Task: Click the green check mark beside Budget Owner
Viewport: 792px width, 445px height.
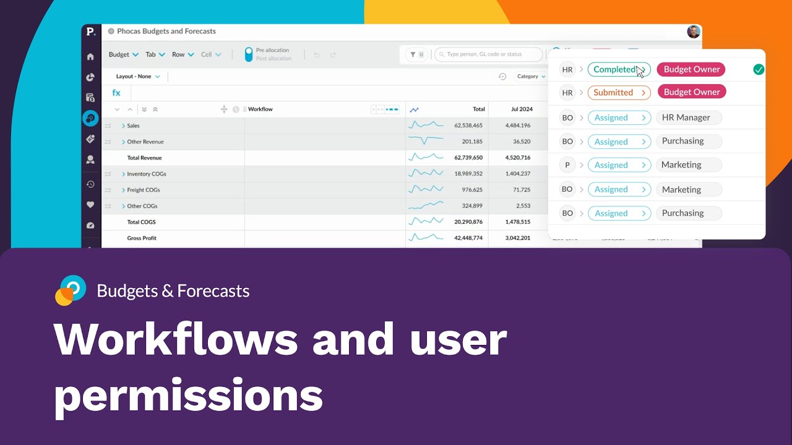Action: tap(759, 70)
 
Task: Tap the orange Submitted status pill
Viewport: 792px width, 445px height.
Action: tap(619, 93)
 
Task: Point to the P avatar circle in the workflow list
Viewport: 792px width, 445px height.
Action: tap(567, 165)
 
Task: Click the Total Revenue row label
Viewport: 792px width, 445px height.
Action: tap(144, 158)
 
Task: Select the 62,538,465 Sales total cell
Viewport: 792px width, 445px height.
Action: tap(468, 125)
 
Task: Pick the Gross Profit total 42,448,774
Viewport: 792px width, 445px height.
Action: tap(468, 238)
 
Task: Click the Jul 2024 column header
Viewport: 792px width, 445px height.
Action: tap(522, 109)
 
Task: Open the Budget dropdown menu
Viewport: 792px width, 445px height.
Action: tap(123, 54)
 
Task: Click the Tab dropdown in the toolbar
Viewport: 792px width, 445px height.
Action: tap(155, 54)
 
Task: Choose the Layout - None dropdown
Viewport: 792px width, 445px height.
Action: tap(138, 77)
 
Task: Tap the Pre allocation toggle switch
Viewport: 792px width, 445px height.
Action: tap(249, 54)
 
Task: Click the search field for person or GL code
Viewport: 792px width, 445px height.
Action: tap(488, 54)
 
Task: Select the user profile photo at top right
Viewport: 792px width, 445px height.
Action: tap(694, 32)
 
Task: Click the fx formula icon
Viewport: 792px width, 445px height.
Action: tap(116, 93)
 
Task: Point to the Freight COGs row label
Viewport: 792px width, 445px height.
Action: tap(143, 190)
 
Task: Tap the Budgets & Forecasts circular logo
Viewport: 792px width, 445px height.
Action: tap(71, 290)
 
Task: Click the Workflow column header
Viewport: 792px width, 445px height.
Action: tap(260, 109)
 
